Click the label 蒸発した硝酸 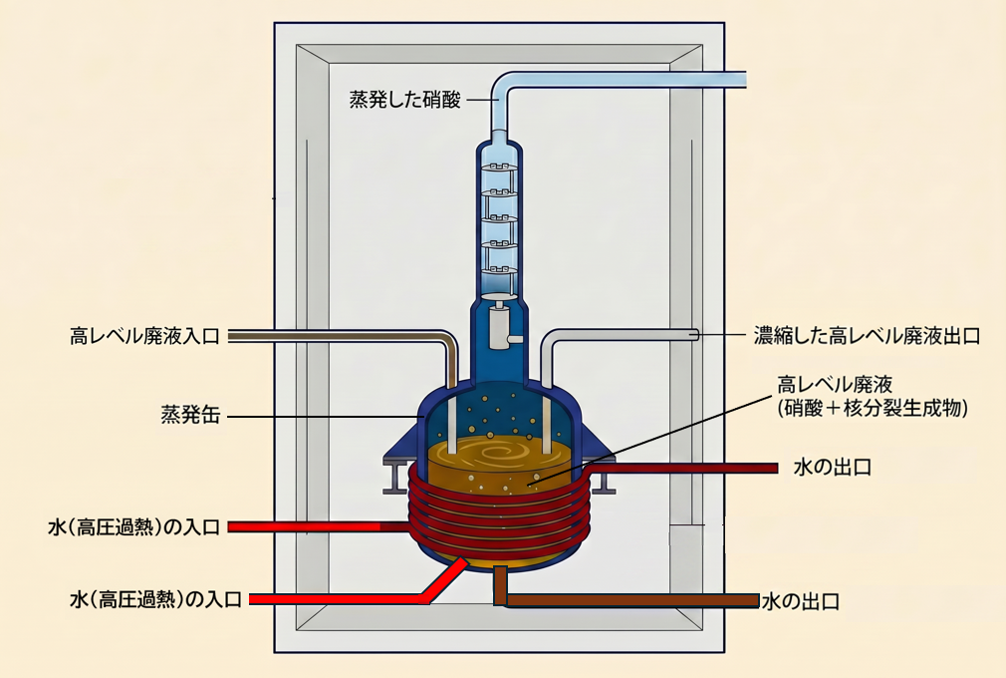pyautogui.click(x=404, y=100)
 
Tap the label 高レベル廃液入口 pyautogui.click(x=145, y=336)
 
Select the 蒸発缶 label pyautogui.click(x=190, y=415)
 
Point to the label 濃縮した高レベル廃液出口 pyautogui.click(x=867, y=336)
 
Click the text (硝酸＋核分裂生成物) pyautogui.click(x=872, y=409)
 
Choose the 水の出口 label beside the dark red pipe pyautogui.click(x=833, y=467)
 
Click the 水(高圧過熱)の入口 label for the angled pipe pyautogui.click(x=156, y=599)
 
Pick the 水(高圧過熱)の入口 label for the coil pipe pyautogui.click(x=134, y=527)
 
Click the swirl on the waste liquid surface pyautogui.click(x=495, y=452)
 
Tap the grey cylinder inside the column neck pyautogui.click(x=500, y=327)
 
